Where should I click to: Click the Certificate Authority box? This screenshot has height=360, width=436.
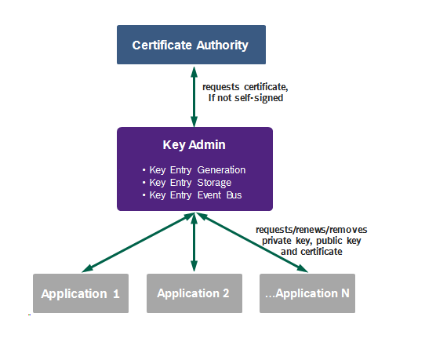[191, 45]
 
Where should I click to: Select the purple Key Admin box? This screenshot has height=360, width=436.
[194, 169]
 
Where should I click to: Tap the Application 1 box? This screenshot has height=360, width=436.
[80, 293]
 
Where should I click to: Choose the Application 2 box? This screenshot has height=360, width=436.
[193, 293]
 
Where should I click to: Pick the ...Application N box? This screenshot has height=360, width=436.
[307, 293]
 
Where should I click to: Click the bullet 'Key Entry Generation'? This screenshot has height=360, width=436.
[197, 169]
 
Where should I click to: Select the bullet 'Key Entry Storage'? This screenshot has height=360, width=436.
[190, 182]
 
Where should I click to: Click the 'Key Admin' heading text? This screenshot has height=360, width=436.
[194, 146]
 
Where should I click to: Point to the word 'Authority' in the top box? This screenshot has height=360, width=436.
[223, 45]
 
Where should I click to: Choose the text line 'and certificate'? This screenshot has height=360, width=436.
[311, 253]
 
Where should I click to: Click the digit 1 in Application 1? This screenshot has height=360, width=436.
[116, 294]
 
